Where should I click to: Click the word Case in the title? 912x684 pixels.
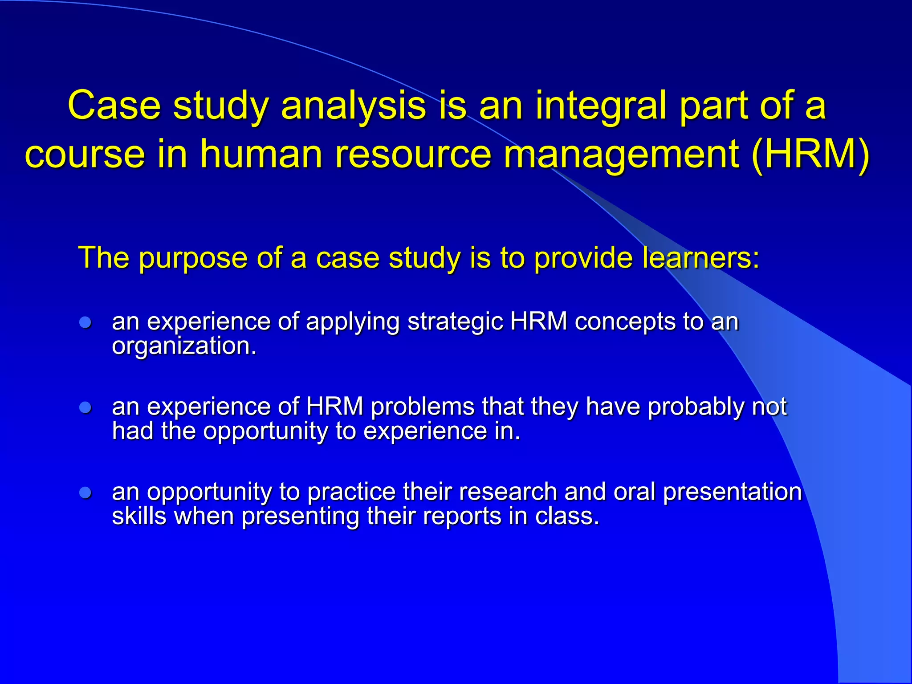[x=114, y=106]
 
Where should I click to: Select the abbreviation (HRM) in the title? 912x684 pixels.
[x=810, y=154]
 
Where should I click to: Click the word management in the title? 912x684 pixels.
[x=621, y=154]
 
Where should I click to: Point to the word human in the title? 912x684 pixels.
[x=261, y=154]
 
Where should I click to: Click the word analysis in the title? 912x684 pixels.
[x=354, y=106]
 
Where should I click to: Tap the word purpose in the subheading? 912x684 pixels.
[x=193, y=258]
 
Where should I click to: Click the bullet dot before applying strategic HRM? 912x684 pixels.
[x=85, y=322]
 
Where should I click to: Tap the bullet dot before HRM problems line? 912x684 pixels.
[x=85, y=407]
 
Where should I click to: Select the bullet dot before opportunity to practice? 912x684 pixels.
[x=85, y=493]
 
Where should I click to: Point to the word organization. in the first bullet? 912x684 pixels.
[x=184, y=346]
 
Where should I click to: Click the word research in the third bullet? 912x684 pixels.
[x=508, y=493]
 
